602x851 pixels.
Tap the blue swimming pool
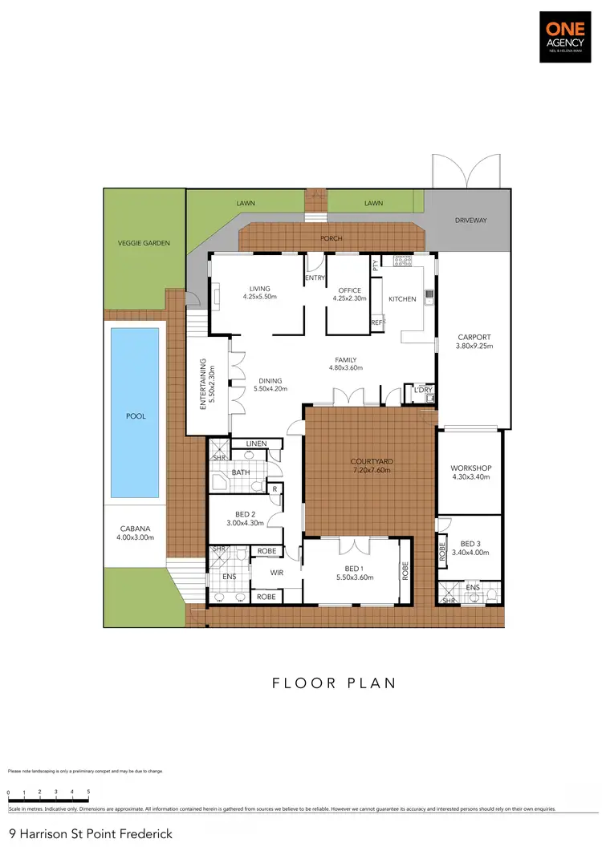tap(135, 411)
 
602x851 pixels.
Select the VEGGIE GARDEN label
tap(144, 243)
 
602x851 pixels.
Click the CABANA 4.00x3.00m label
tap(136, 533)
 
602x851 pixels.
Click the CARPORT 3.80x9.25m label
tap(474, 342)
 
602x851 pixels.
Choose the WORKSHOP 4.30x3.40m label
tap(470, 472)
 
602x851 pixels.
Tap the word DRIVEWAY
tap(471, 221)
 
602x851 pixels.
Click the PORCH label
tap(332, 238)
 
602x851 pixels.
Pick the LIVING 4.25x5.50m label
tap(259, 293)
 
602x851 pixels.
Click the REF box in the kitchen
tap(376, 322)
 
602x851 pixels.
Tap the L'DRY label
tap(423, 391)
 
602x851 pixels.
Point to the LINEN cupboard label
tap(256, 444)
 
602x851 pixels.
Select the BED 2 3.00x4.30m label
tap(245, 518)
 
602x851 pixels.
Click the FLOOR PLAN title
tap(335, 683)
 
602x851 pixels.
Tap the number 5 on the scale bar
tap(88, 792)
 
